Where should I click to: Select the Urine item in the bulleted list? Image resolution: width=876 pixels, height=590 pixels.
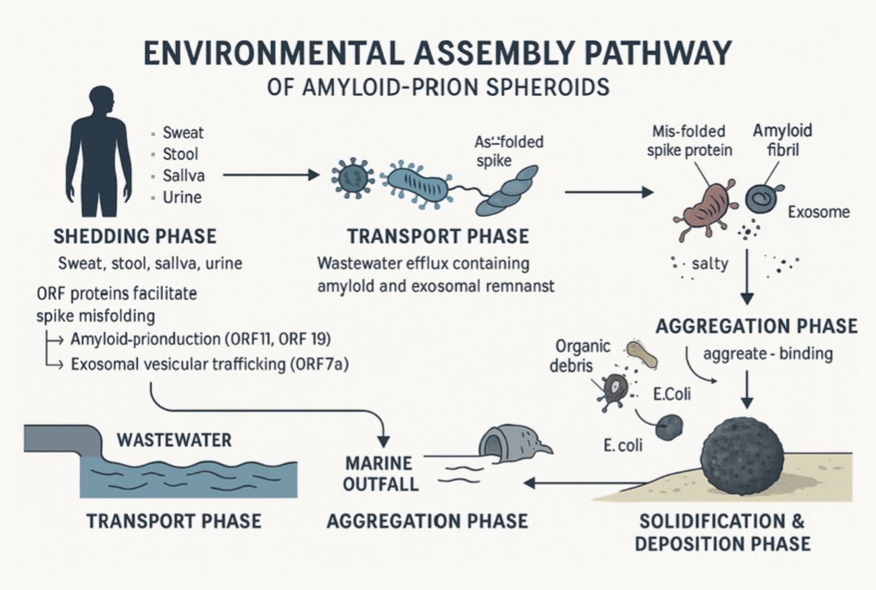[182, 197]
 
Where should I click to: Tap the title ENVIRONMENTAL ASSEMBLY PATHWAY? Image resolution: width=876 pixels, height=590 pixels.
[437, 53]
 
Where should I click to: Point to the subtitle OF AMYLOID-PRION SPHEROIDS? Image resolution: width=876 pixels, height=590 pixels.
[437, 87]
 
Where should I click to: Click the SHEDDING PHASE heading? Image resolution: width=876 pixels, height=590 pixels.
[135, 236]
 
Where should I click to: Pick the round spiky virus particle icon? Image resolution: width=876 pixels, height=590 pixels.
[351, 176]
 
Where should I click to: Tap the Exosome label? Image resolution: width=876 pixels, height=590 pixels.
[818, 211]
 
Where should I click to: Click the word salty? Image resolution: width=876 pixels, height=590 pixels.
[709, 264]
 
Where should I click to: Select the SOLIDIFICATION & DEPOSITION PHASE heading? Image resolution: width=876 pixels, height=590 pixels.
[725, 533]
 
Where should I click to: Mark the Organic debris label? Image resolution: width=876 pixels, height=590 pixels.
[582, 357]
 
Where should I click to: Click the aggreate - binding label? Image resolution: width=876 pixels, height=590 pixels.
[767, 353]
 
